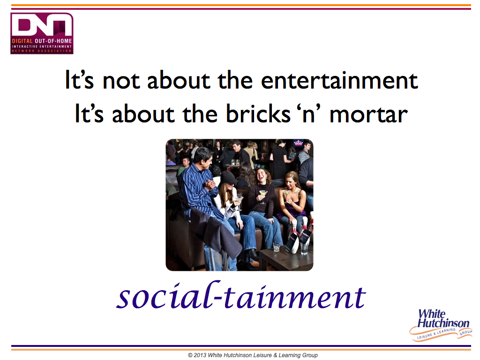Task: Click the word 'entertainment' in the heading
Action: (339, 80)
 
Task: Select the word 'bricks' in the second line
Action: (258, 113)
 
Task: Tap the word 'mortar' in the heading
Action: (368, 114)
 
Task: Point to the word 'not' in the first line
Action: (121, 81)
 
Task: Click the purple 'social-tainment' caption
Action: (241, 295)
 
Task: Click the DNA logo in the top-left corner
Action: (42, 33)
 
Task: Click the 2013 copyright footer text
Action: (253, 355)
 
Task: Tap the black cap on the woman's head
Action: (228, 178)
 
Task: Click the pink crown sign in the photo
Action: (298, 142)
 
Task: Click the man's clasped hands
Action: (211, 184)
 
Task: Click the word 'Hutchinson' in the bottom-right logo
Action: (443, 323)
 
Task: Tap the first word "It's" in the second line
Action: (89, 113)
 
